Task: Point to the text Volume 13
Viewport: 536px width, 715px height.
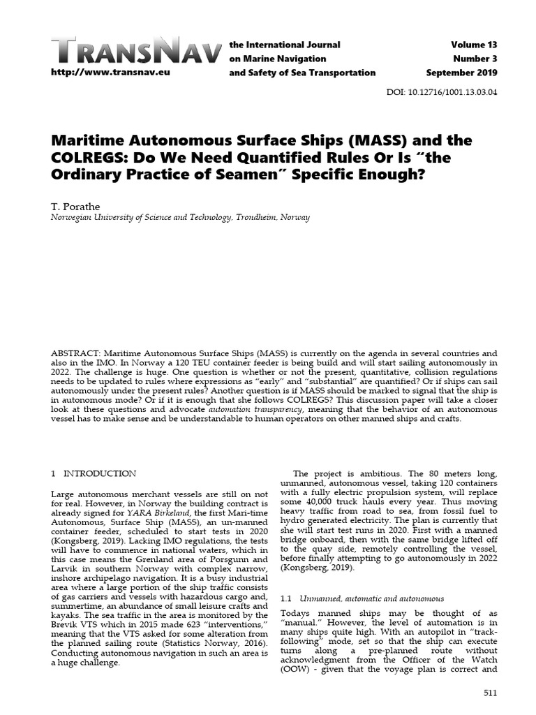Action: pyautogui.click(x=474, y=45)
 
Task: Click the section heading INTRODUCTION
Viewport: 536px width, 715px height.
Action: pyautogui.click(x=100, y=473)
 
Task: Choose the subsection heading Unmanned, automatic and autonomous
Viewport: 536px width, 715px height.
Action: pyautogui.click(x=371, y=598)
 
